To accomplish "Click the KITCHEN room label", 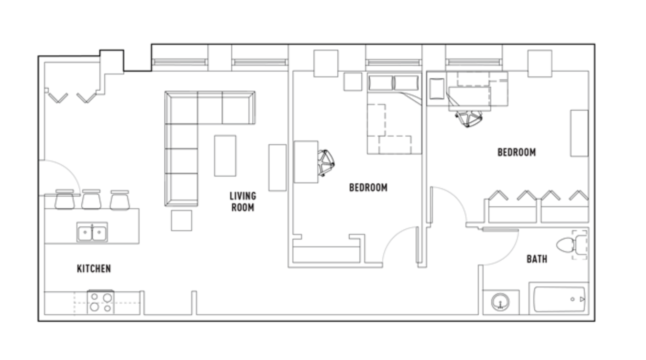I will click(94, 269).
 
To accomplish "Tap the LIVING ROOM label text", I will click(243, 201).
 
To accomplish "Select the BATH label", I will click(537, 259).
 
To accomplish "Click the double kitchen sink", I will click(92, 233).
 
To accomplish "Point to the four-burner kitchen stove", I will click(101, 302).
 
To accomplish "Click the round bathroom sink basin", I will click(500, 302).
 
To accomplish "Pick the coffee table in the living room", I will click(225, 156).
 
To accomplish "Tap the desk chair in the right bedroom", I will click(469, 118).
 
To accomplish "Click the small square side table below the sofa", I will click(181, 220).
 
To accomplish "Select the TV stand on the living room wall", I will click(277, 168).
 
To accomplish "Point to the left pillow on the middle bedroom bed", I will click(380, 83).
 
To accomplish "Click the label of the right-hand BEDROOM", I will click(517, 152).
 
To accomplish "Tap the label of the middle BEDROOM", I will click(368, 188).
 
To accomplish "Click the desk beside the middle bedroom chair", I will click(306, 161).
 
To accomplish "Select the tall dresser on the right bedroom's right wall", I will click(579, 133).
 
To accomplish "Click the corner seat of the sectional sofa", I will click(181, 108).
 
